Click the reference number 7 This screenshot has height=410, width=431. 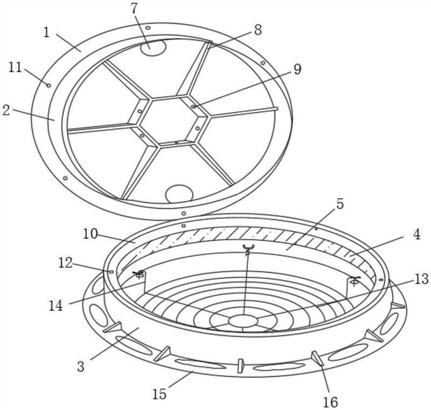134,9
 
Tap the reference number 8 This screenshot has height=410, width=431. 258,30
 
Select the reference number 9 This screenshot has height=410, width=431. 297,69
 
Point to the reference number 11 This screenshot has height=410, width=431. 15,67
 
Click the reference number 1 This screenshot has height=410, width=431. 46,32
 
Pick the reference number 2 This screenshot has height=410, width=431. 6,110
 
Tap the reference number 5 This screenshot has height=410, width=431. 340,204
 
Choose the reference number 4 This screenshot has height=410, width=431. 416,235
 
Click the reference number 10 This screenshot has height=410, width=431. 91,234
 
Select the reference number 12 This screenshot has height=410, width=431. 65,263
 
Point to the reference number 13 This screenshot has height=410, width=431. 421,279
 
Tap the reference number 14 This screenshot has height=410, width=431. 56,306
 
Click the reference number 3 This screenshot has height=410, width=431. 80,366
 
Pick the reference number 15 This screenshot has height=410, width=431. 159,394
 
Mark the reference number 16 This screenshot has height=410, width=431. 330,402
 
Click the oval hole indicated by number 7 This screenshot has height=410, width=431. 154,48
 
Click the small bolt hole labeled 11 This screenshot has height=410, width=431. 48,86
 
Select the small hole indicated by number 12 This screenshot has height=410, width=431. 112,272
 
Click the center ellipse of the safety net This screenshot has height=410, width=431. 243,321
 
